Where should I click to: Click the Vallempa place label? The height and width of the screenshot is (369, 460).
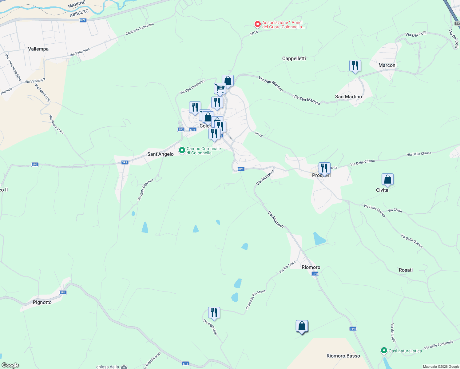[38, 49]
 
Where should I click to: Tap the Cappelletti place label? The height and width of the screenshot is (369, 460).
[294, 58]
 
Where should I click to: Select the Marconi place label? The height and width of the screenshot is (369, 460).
[387, 65]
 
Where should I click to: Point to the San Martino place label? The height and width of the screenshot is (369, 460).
[348, 97]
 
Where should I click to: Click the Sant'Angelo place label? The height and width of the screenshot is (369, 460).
[160, 154]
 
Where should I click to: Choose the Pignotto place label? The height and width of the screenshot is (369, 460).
[42, 302]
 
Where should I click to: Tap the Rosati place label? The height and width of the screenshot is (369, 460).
[406, 270]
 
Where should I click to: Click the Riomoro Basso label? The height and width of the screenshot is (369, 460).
[343, 356]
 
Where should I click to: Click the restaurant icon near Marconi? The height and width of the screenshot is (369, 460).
[355, 66]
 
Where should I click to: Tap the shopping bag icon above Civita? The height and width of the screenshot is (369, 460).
[387, 179]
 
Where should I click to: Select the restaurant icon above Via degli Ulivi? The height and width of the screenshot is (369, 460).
[214, 313]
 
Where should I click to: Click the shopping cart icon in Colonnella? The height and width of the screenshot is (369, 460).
[220, 89]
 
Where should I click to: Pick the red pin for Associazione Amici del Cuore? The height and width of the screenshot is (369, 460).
[258, 24]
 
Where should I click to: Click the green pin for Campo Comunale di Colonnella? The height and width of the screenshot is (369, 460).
[182, 150]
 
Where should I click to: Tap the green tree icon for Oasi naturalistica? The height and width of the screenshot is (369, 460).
[384, 351]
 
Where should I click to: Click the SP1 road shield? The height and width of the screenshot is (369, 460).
[83, 20]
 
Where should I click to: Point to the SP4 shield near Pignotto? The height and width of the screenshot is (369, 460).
[63, 292]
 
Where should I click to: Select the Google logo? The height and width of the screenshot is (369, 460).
[10, 365]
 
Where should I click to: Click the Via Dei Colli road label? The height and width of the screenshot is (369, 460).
[416, 34]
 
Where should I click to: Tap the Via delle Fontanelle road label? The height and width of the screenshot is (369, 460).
[439, 345]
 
